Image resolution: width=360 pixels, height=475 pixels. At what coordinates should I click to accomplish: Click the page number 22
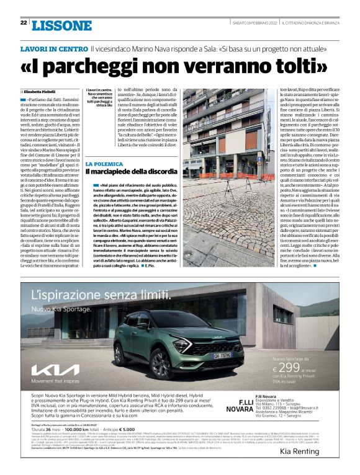(x=23, y=23)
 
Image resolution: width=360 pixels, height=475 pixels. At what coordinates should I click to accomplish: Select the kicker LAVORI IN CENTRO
(x=53, y=48)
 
